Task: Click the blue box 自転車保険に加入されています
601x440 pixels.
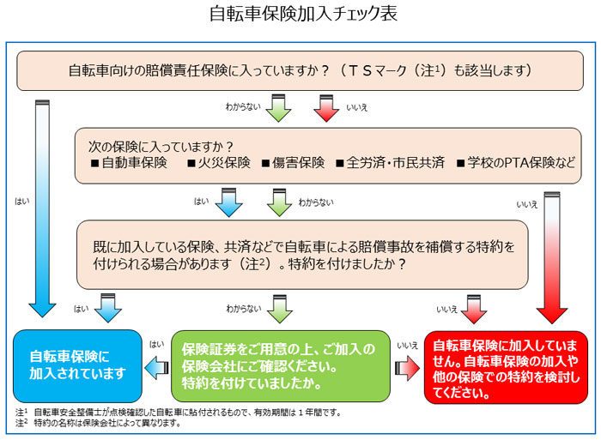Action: [77, 365]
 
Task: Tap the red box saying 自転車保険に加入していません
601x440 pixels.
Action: [506, 365]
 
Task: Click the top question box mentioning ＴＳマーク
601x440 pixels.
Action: [300, 70]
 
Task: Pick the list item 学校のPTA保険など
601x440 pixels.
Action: [521, 162]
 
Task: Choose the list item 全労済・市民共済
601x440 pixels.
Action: [392, 162]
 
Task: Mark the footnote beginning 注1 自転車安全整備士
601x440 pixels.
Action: [180, 413]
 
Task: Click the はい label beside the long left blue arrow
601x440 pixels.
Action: [22, 202]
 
